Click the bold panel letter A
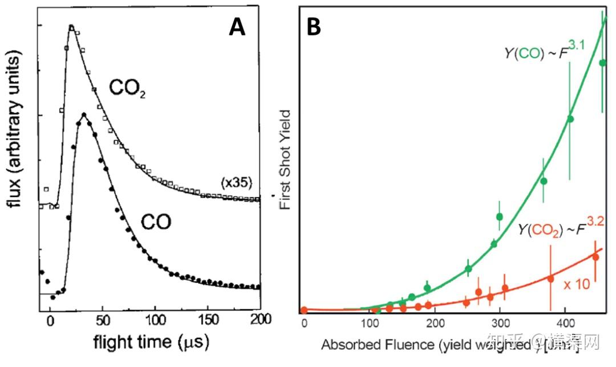point(237,27)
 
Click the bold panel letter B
point(314,27)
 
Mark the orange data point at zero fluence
point(304,310)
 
